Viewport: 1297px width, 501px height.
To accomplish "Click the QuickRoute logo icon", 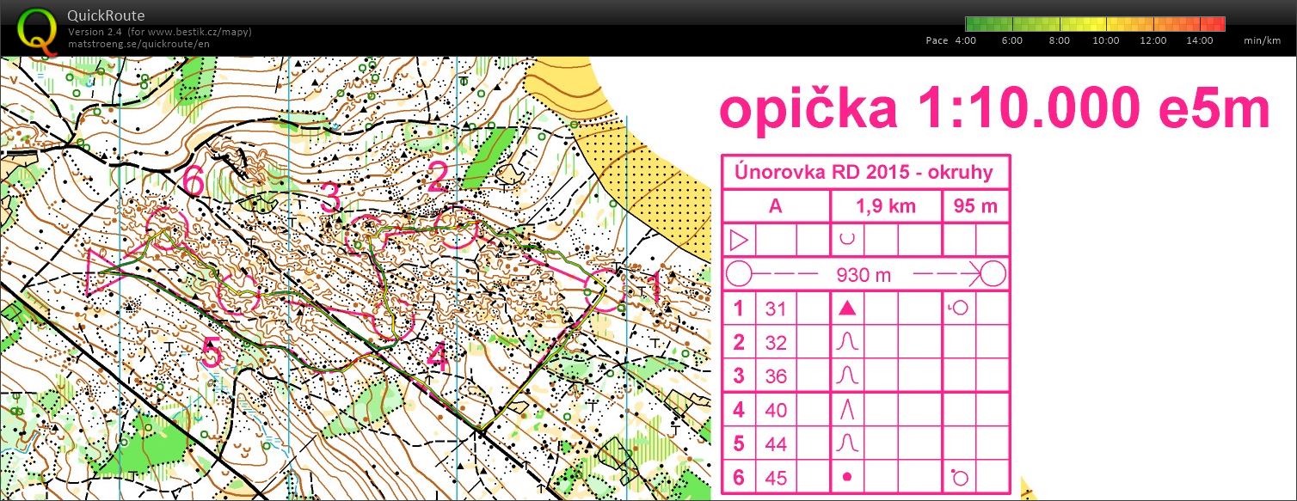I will tap(34, 29).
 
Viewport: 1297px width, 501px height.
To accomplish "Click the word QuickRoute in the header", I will tap(106, 15).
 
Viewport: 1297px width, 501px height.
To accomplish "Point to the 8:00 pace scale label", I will tap(1059, 40).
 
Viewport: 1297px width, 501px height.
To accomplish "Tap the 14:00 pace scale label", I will tap(1199, 40).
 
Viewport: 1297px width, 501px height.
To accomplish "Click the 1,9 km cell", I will tap(886, 207).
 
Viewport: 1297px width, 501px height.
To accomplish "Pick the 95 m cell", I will tap(975, 207).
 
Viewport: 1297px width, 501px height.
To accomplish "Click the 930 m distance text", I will tap(864, 275).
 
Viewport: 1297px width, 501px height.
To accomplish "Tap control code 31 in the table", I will tap(776, 309).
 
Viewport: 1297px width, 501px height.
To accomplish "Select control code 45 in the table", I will tap(776, 478).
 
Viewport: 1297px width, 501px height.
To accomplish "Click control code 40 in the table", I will tap(776, 410).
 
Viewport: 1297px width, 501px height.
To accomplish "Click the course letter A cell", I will tap(776, 207).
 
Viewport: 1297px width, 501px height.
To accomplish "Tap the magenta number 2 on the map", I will tap(439, 179).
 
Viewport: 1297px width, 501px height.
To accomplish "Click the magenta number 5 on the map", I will tap(211, 351).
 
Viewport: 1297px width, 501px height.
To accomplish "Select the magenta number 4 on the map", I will tap(438, 358).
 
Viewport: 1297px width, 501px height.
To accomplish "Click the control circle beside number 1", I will tap(605, 290).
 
